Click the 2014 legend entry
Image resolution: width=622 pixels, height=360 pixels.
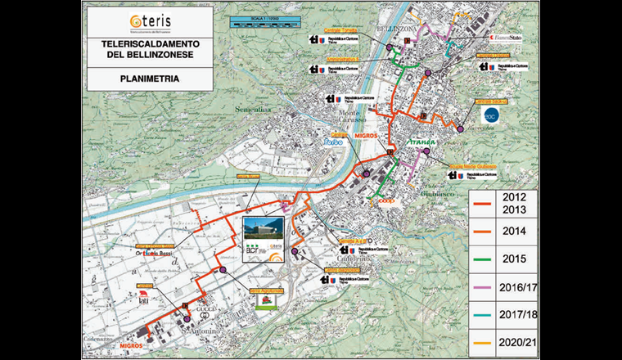click(501, 232)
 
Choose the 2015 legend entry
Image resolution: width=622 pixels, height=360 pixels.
click(501, 258)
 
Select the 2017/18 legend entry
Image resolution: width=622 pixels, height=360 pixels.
click(501, 313)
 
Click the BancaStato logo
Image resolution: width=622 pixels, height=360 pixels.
click(510, 38)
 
